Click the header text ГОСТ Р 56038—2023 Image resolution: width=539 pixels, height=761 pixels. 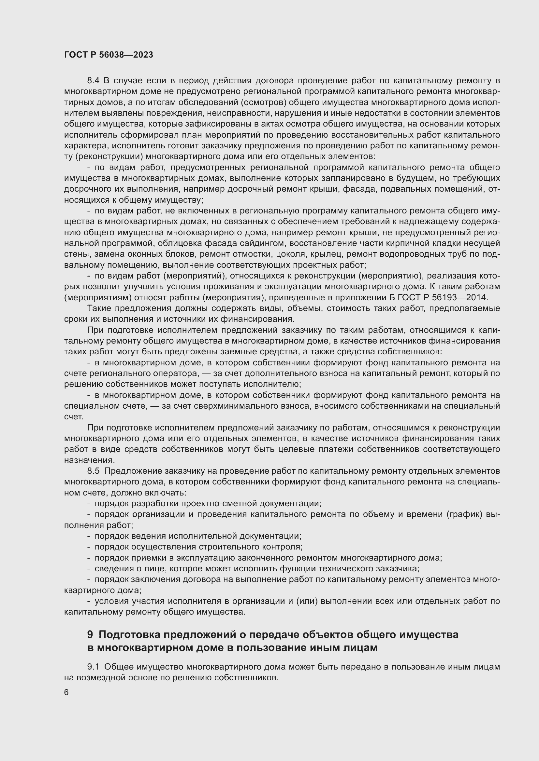click(x=109, y=55)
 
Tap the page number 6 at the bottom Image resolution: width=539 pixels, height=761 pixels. click(x=66, y=693)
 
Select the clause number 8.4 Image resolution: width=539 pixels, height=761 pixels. click(x=93, y=81)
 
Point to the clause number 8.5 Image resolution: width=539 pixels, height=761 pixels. click(x=93, y=471)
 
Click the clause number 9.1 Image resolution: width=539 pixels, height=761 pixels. click(x=93, y=667)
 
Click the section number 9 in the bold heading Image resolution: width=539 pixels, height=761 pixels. click(x=90, y=634)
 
